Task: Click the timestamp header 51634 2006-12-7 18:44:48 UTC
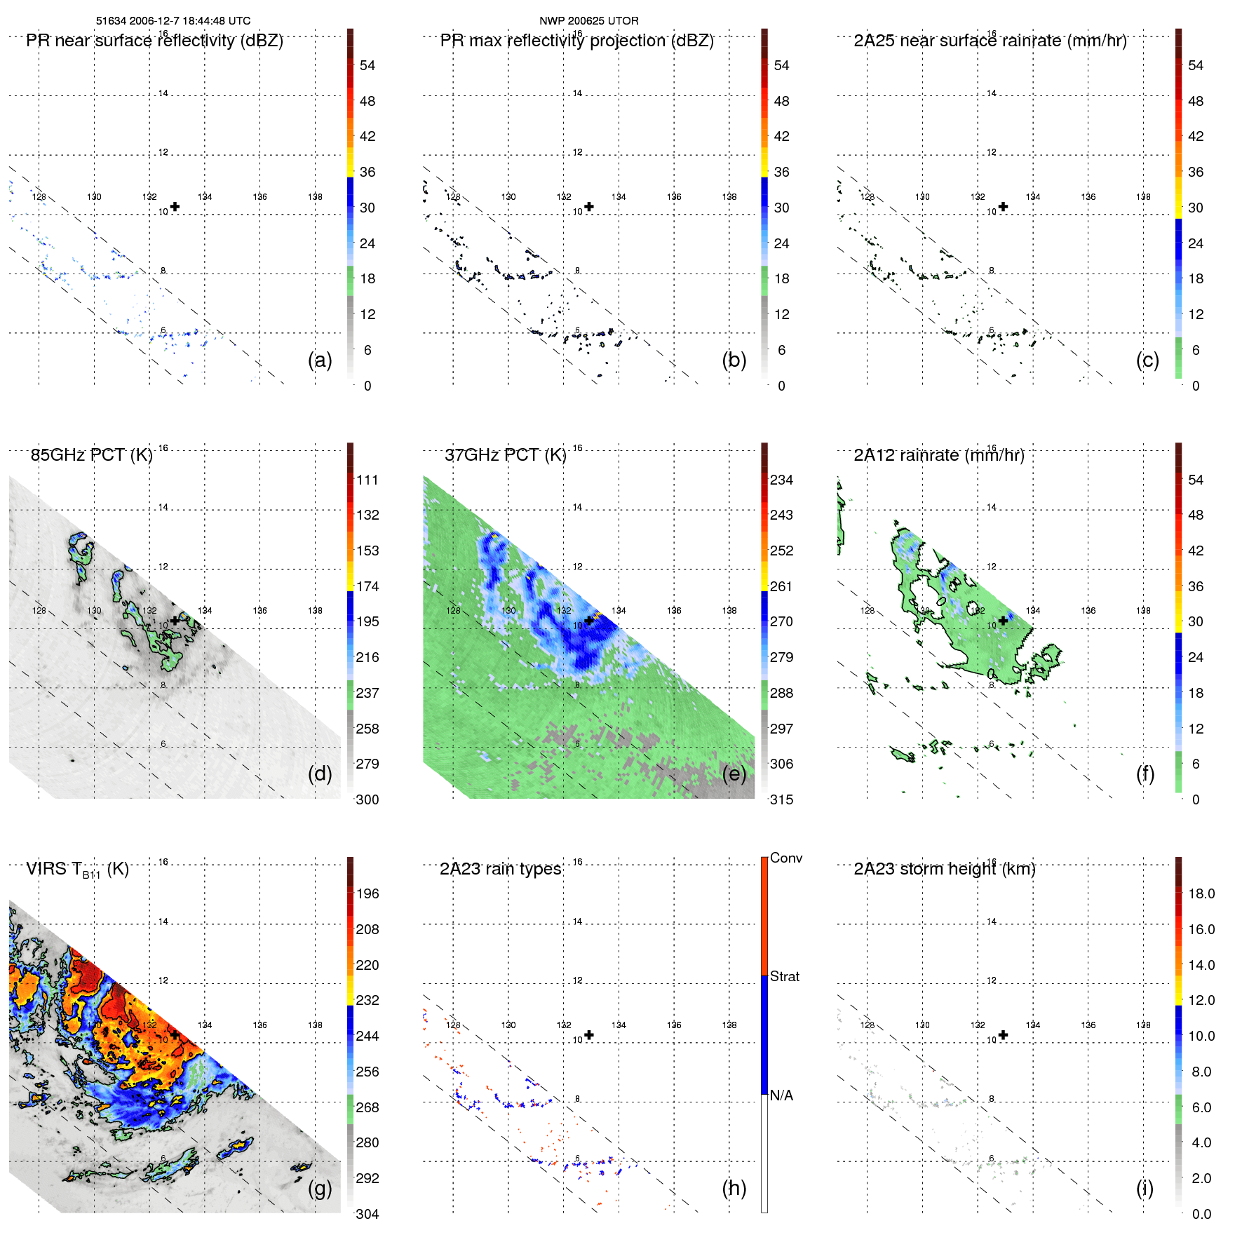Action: (x=173, y=21)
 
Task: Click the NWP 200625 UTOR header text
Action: (x=588, y=21)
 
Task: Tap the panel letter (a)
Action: (x=320, y=360)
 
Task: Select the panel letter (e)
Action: (x=734, y=774)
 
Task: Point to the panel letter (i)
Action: (x=1145, y=1188)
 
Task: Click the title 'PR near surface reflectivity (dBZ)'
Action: (x=154, y=41)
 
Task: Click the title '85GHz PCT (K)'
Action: (x=91, y=455)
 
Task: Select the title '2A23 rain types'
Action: (x=500, y=869)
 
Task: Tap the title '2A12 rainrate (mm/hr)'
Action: (x=939, y=455)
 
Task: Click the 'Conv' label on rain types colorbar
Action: (x=785, y=858)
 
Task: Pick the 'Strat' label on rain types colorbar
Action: (x=784, y=976)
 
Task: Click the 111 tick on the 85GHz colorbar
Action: (x=367, y=480)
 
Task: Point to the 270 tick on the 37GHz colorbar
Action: (x=781, y=621)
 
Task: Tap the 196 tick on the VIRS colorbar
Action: (x=367, y=893)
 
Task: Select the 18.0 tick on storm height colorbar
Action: (x=1201, y=893)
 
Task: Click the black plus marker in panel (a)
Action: (x=175, y=206)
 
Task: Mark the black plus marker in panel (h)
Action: (x=589, y=1035)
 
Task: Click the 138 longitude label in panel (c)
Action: (x=1143, y=197)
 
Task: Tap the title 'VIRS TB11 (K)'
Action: (x=77, y=870)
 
